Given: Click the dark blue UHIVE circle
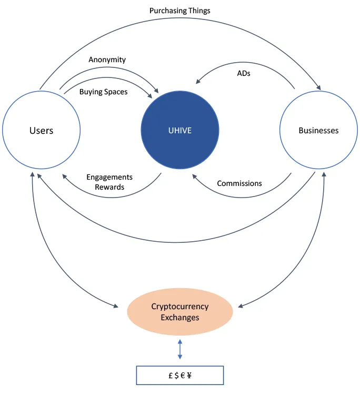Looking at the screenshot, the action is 180,130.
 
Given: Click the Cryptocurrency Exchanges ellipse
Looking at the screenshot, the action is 180,312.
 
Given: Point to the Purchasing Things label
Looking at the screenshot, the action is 180,11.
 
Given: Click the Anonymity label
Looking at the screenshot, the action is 107,60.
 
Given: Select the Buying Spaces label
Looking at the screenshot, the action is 104,92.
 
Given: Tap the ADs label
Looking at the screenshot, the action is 244,73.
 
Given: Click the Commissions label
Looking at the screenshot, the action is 239,183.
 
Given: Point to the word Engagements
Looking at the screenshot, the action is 109,177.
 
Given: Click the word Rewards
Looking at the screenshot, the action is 109,187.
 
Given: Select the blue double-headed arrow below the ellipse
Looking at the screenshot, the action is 180,349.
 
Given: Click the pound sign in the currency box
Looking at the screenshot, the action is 171,376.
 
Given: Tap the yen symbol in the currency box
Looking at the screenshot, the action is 189,376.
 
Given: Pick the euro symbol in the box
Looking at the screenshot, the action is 183,376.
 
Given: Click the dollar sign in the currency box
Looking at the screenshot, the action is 176,376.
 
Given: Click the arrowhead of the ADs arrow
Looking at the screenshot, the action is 198,81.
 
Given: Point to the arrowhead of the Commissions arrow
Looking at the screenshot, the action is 195,176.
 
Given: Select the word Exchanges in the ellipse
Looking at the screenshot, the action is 180,318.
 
